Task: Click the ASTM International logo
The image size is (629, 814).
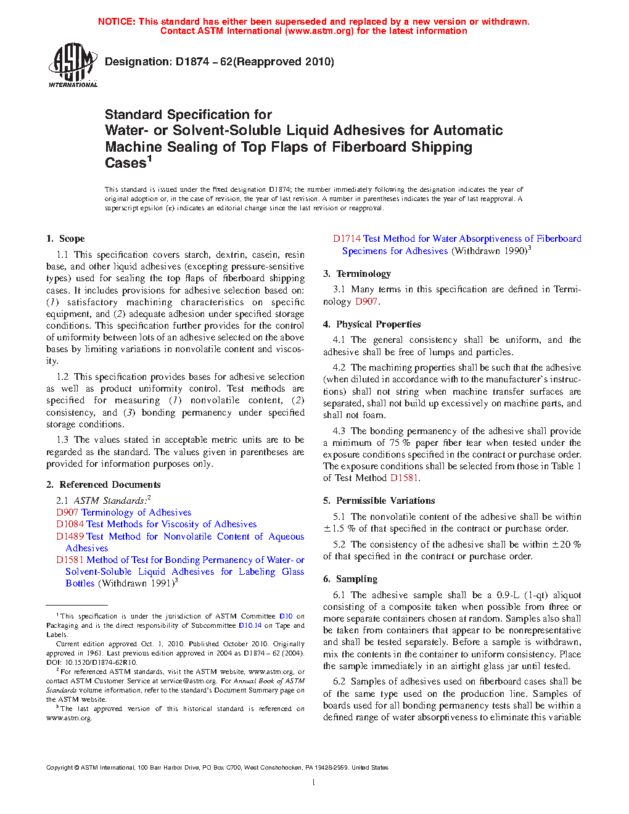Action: [x=72, y=65]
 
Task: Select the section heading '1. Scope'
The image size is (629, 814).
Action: [x=65, y=239]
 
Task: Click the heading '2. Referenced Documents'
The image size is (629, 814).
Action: [x=103, y=485]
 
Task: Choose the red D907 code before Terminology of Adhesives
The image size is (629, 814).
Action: [x=67, y=512]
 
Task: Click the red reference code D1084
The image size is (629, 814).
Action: [x=70, y=524]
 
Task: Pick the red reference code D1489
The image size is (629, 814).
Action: [x=70, y=536]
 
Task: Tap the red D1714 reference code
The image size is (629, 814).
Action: [x=347, y=239]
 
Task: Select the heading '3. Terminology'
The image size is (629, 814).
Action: [x=357, y=274]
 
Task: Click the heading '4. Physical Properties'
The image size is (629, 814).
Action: [x=372, y=324]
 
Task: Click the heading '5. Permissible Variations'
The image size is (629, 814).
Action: [x=379, y=501]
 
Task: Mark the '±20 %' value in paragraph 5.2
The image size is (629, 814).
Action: [x=566, y=545]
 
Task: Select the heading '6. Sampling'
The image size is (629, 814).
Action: [x=350, y=579]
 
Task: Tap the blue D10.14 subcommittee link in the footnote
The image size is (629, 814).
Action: [x=250, y=625]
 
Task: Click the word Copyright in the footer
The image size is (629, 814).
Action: [x=59, y=768]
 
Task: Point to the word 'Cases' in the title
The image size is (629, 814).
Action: [x=125, y=163]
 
